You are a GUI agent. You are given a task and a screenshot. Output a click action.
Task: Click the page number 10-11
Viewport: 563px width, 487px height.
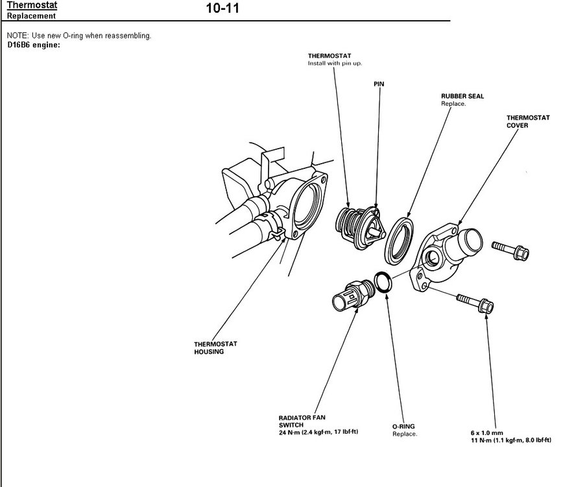click(222, 10)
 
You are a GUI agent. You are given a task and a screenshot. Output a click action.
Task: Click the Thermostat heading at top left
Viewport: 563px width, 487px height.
click(32, 6)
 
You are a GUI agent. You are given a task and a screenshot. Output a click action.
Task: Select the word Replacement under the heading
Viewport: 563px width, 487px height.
click(30, 16)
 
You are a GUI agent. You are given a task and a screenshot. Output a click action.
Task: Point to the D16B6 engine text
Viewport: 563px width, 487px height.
click(33, 45)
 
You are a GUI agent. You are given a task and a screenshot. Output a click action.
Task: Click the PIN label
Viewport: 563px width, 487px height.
click(379, 84)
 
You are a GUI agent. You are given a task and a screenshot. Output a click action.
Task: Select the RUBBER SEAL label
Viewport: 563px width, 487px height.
click(462, 96)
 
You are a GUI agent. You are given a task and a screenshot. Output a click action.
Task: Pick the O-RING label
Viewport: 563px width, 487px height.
click(403, 427)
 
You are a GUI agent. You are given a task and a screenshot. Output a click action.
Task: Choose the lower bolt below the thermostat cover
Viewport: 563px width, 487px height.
click(475, 302)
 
